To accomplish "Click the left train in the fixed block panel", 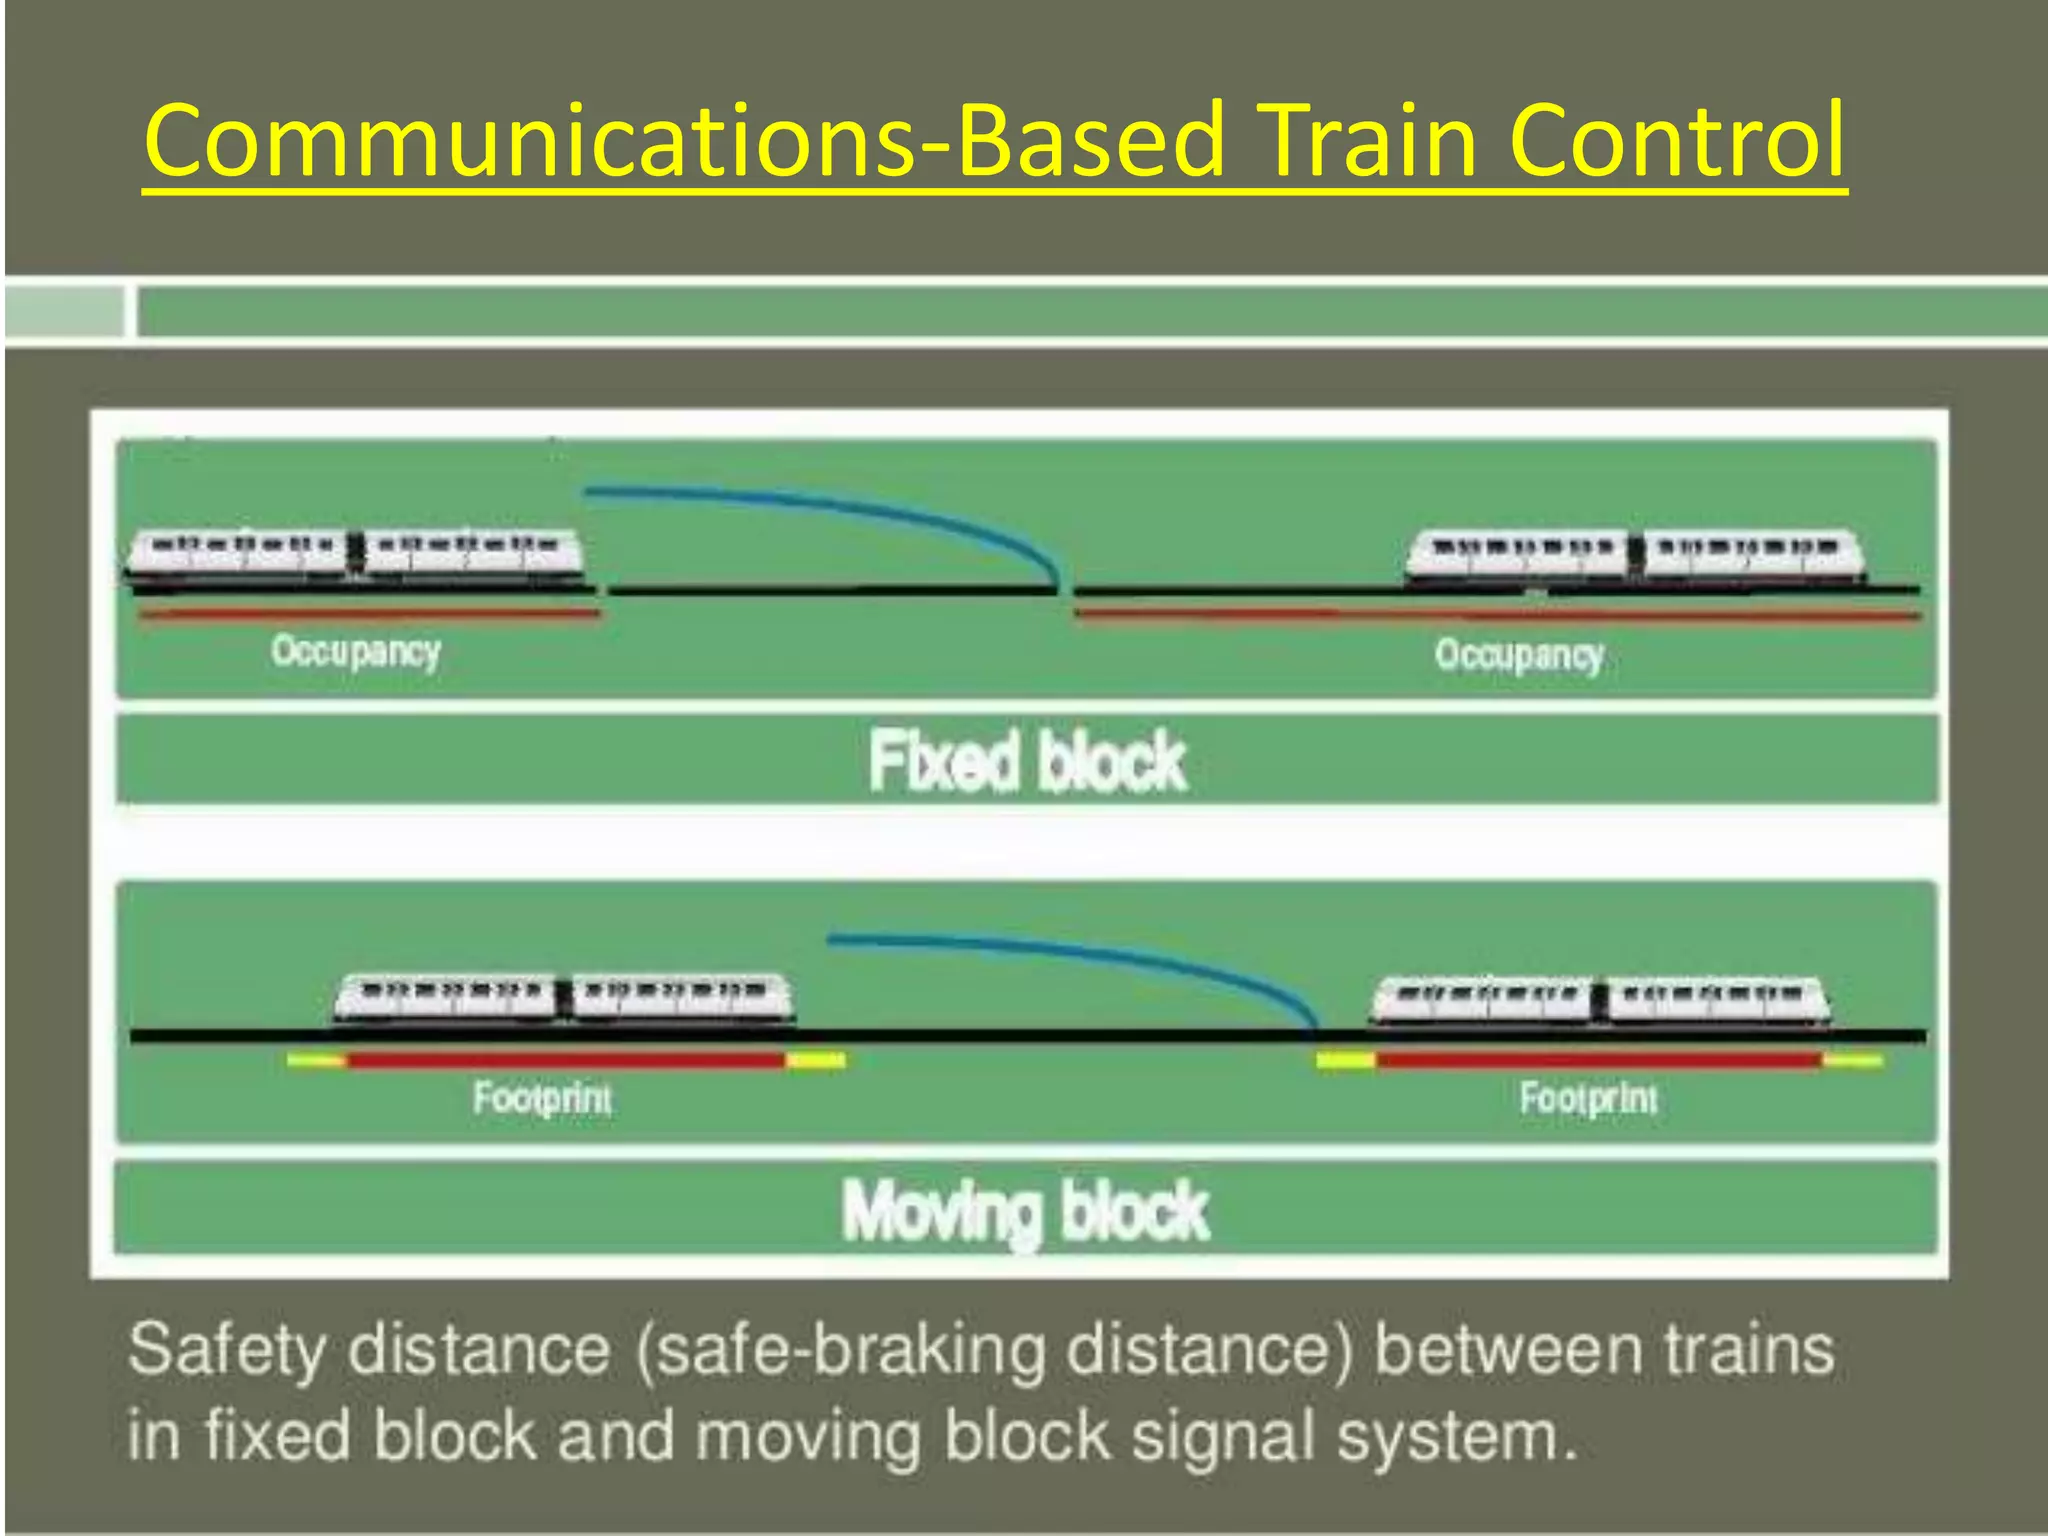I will (354, 552).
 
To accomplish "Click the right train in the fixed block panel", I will (1635, 556).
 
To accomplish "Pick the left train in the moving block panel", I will (563, 998).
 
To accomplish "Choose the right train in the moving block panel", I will (1600, 1001).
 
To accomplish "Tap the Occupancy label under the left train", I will (356, 651).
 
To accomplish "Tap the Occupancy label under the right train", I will (1519, 656).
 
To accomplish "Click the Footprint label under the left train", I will (542, 1098).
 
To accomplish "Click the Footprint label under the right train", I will (1588, 1098).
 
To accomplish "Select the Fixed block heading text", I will (1026, 761).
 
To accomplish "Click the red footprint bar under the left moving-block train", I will (565, 1060).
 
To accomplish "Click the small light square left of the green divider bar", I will (64, 311).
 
